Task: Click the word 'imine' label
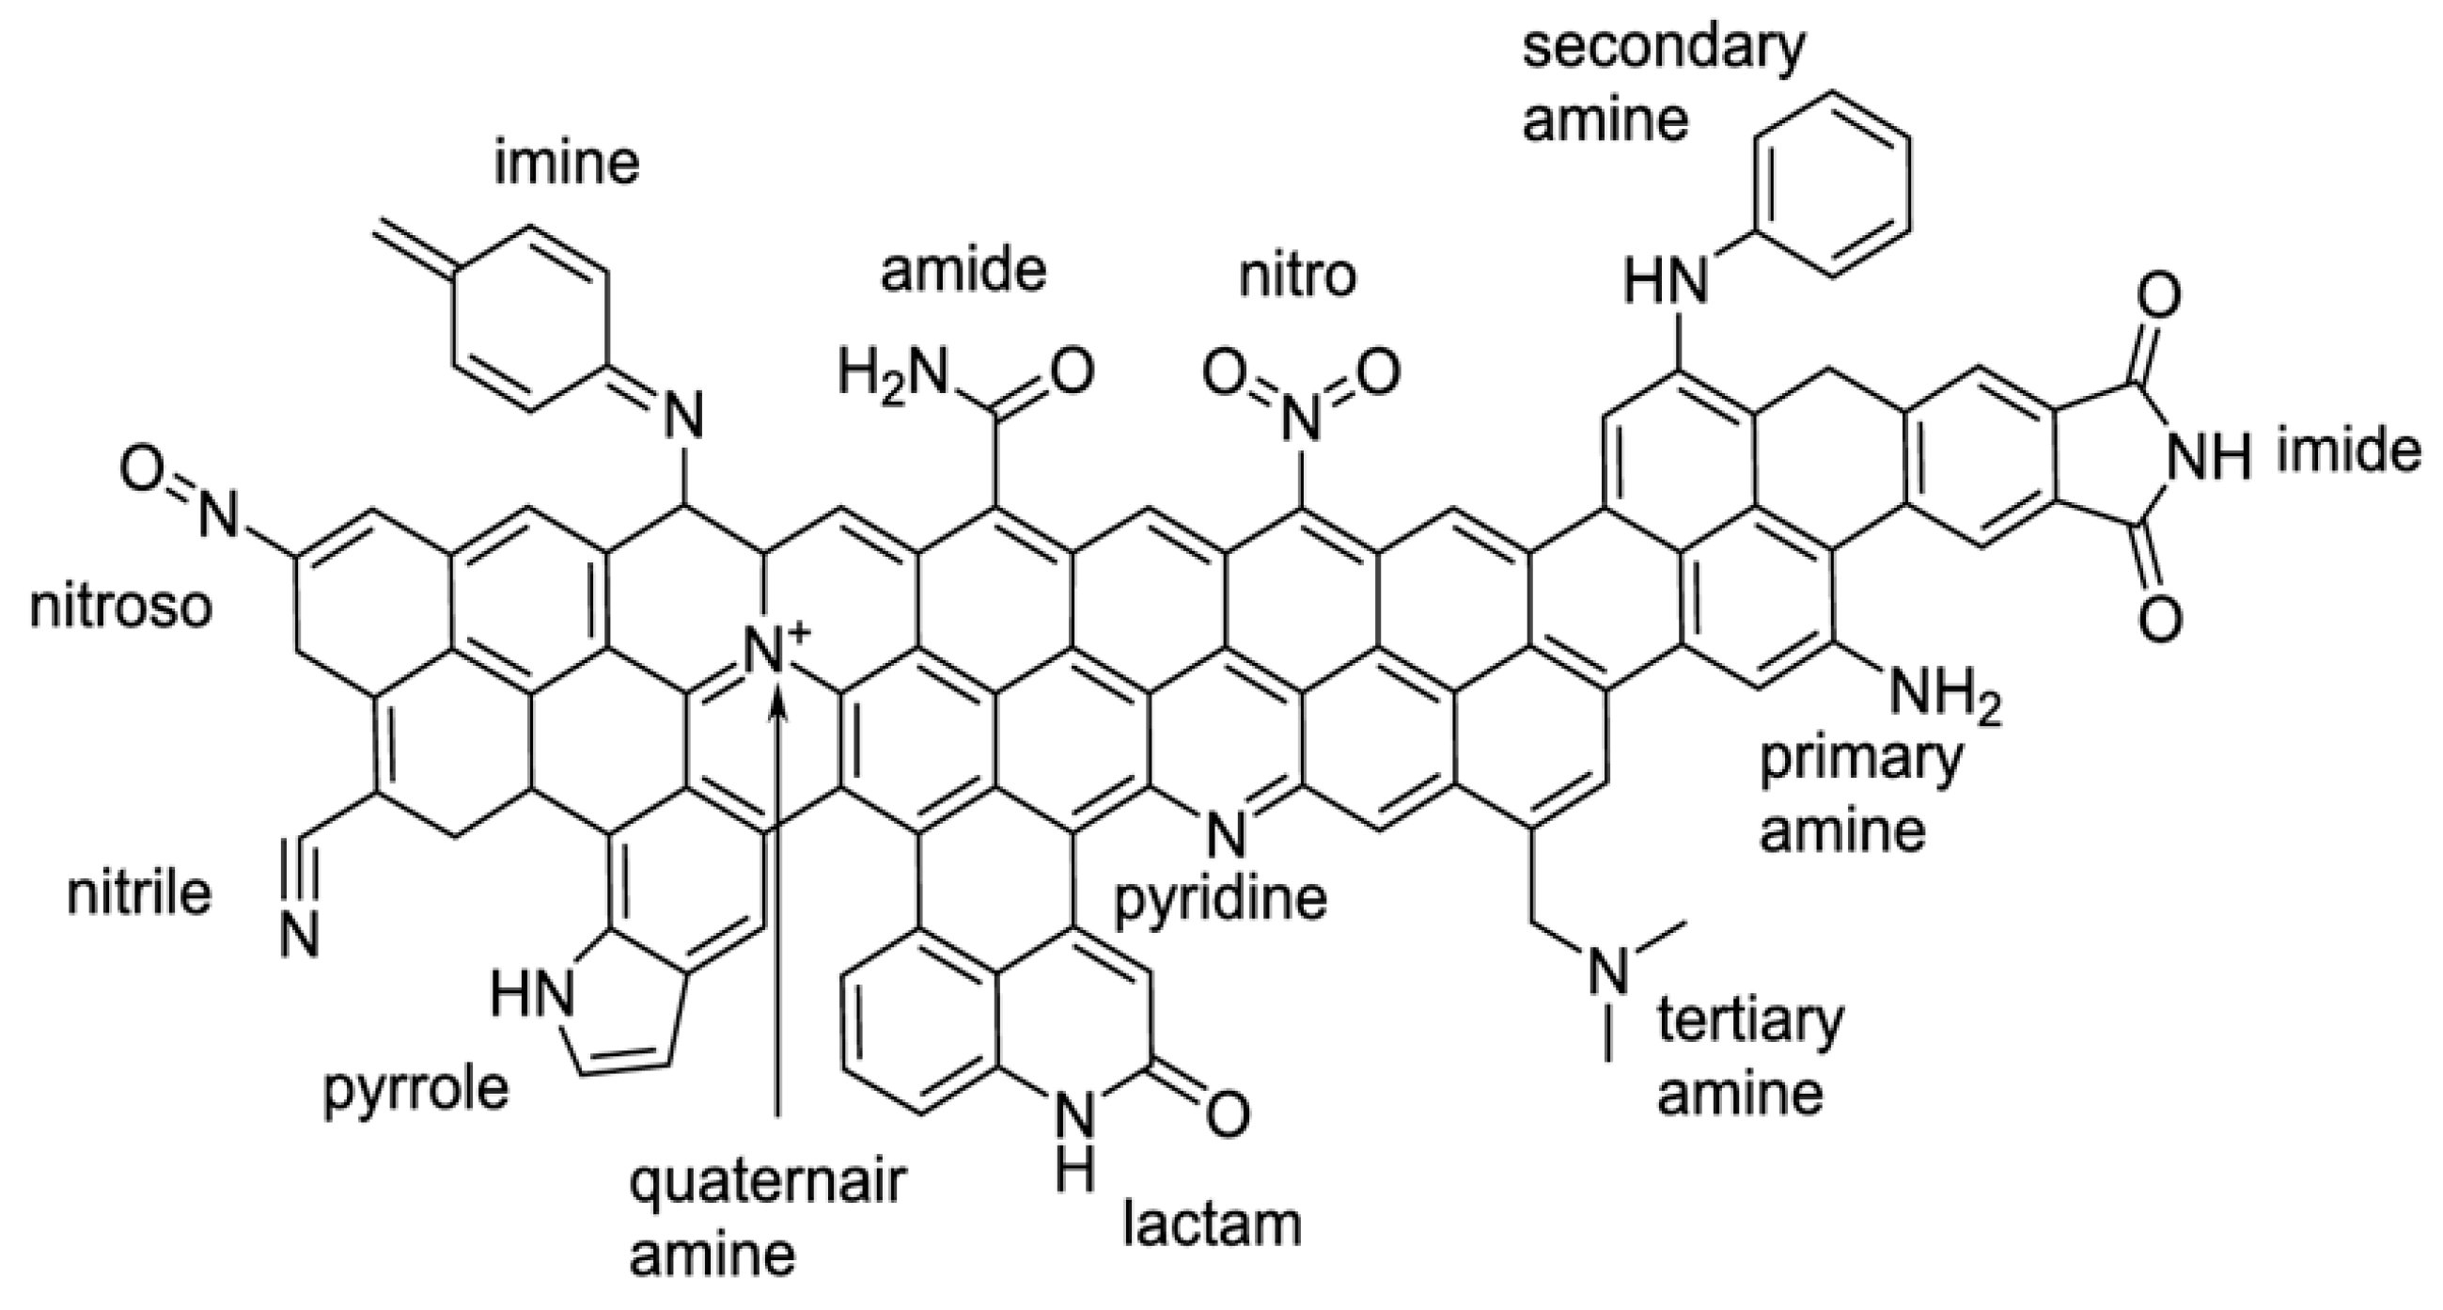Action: coord(567,165)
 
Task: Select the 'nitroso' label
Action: coord(120,608)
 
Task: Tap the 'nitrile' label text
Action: coord(138,893)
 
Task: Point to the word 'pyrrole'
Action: coord(416,1090)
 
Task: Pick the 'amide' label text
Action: coord(963,271)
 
